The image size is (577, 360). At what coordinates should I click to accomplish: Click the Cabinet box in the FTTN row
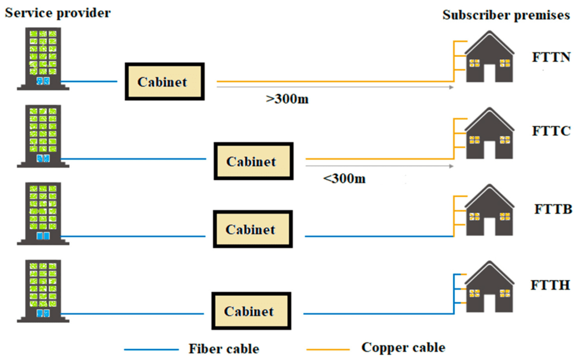coord(165,81)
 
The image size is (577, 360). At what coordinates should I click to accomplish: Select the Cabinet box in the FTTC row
coord(254,161)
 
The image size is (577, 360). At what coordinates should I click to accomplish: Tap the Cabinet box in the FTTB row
coord(253,229)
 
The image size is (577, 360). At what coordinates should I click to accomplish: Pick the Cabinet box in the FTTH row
coord(251,310)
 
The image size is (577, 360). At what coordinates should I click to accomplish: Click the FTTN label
coord(551,57)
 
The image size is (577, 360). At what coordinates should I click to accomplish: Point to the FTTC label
coord(551,131)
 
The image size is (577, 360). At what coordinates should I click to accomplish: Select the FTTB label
coord(553,209)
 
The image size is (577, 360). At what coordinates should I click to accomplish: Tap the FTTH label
coord(550,285)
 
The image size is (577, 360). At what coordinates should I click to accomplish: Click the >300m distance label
coord(287,99)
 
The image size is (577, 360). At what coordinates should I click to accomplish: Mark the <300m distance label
coord(344,179)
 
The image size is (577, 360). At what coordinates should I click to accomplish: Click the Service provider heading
coord(57,13)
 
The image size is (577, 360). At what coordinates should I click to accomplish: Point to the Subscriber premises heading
coord(506,15)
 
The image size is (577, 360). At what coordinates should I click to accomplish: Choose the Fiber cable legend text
coord(224,349)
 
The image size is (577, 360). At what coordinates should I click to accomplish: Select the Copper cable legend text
coord(403,347)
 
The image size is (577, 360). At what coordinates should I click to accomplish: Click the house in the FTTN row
coord(490,56)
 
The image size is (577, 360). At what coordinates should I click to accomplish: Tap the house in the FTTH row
coord(490,287)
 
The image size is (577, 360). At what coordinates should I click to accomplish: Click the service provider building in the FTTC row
coord(43,136)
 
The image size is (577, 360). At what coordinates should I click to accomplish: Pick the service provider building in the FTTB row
coord(43,214)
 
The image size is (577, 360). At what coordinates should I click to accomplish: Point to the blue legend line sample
coord(151,349)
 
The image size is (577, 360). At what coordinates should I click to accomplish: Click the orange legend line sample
coord(328,349)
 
